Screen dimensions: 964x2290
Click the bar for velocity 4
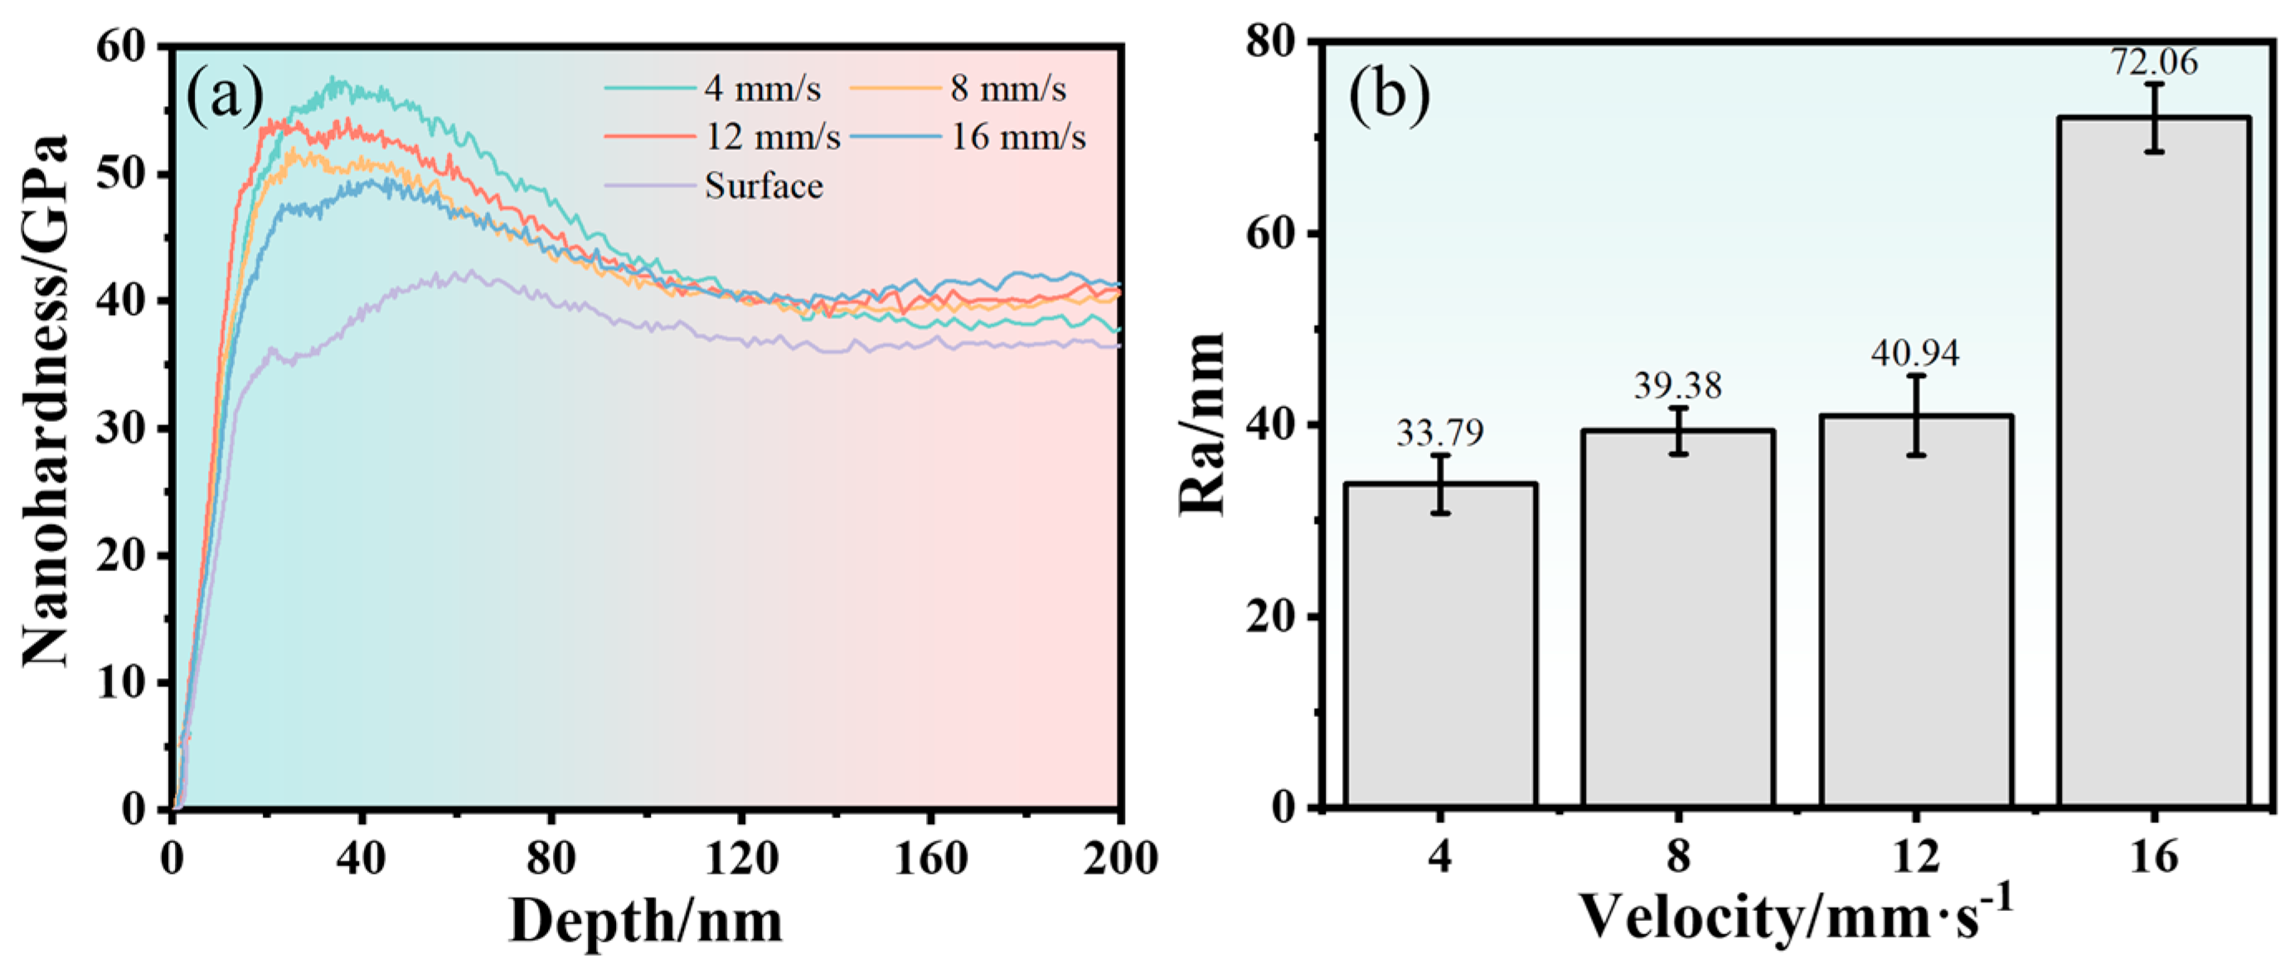click(1440, 644)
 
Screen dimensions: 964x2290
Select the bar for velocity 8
click(1677, 618)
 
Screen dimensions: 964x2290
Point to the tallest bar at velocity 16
click(2154, 462)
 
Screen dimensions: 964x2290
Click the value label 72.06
click(2154, 62)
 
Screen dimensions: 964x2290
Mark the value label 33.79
click(1440, 433)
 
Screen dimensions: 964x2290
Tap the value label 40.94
click(1916, 354)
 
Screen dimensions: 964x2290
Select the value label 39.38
click(1677, 385)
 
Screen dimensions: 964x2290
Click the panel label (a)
click(224, 95)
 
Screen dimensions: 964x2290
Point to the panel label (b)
click(1390, 95)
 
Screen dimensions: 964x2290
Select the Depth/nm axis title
click(646, 922)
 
